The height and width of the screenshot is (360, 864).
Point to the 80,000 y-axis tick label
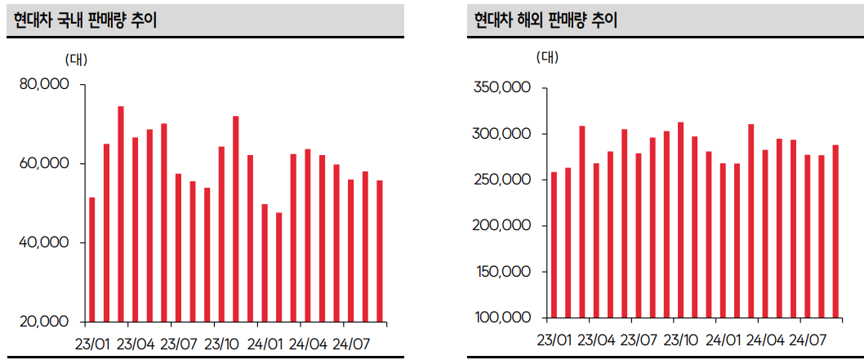46,85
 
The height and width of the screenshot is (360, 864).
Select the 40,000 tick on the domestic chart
46,243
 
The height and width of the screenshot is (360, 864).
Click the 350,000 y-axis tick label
502,87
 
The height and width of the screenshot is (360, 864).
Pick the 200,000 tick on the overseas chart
502,226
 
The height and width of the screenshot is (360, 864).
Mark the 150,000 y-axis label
502,272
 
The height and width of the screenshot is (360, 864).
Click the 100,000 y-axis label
502,318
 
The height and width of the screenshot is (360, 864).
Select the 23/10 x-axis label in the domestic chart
222,344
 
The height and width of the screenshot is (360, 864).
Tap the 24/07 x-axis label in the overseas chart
808,340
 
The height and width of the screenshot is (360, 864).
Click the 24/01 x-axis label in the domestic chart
265,344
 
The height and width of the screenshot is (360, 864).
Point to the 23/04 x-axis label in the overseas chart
596,340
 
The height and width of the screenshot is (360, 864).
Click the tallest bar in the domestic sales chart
121,214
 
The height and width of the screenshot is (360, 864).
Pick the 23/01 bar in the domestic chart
92,260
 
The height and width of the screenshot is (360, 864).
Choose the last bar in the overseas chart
835,231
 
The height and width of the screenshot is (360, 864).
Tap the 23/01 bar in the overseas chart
554,244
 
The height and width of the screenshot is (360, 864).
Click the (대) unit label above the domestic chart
76,59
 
